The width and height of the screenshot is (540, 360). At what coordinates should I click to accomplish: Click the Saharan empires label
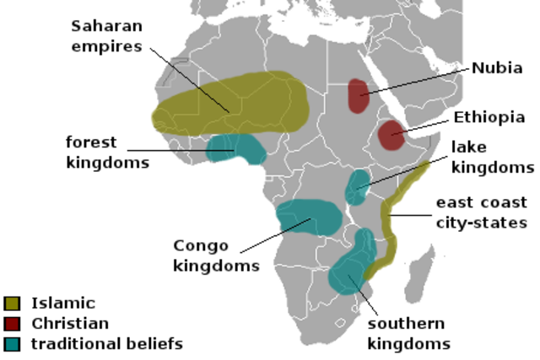(x=107, y=35)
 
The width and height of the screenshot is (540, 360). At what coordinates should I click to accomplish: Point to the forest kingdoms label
(x=107, y=153)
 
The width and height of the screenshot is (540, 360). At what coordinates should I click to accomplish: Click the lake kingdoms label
(x=494, y=157)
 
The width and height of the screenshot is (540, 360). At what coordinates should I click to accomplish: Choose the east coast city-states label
(x=481, y=212)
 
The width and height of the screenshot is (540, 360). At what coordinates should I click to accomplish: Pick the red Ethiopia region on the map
(x=391, y=134)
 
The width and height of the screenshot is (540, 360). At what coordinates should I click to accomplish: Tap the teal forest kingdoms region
(x=236, y=148)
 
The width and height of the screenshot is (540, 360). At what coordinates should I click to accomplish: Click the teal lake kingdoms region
(x=358, y=186)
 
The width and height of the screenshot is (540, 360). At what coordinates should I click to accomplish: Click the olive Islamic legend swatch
(x=12, y=303)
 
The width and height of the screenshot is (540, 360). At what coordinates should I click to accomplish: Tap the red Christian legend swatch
(x=12, y=323)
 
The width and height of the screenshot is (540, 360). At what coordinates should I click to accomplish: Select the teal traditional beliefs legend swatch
(x=12, y=343)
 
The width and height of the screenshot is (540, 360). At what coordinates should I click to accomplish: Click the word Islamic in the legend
(x=63, y=303)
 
